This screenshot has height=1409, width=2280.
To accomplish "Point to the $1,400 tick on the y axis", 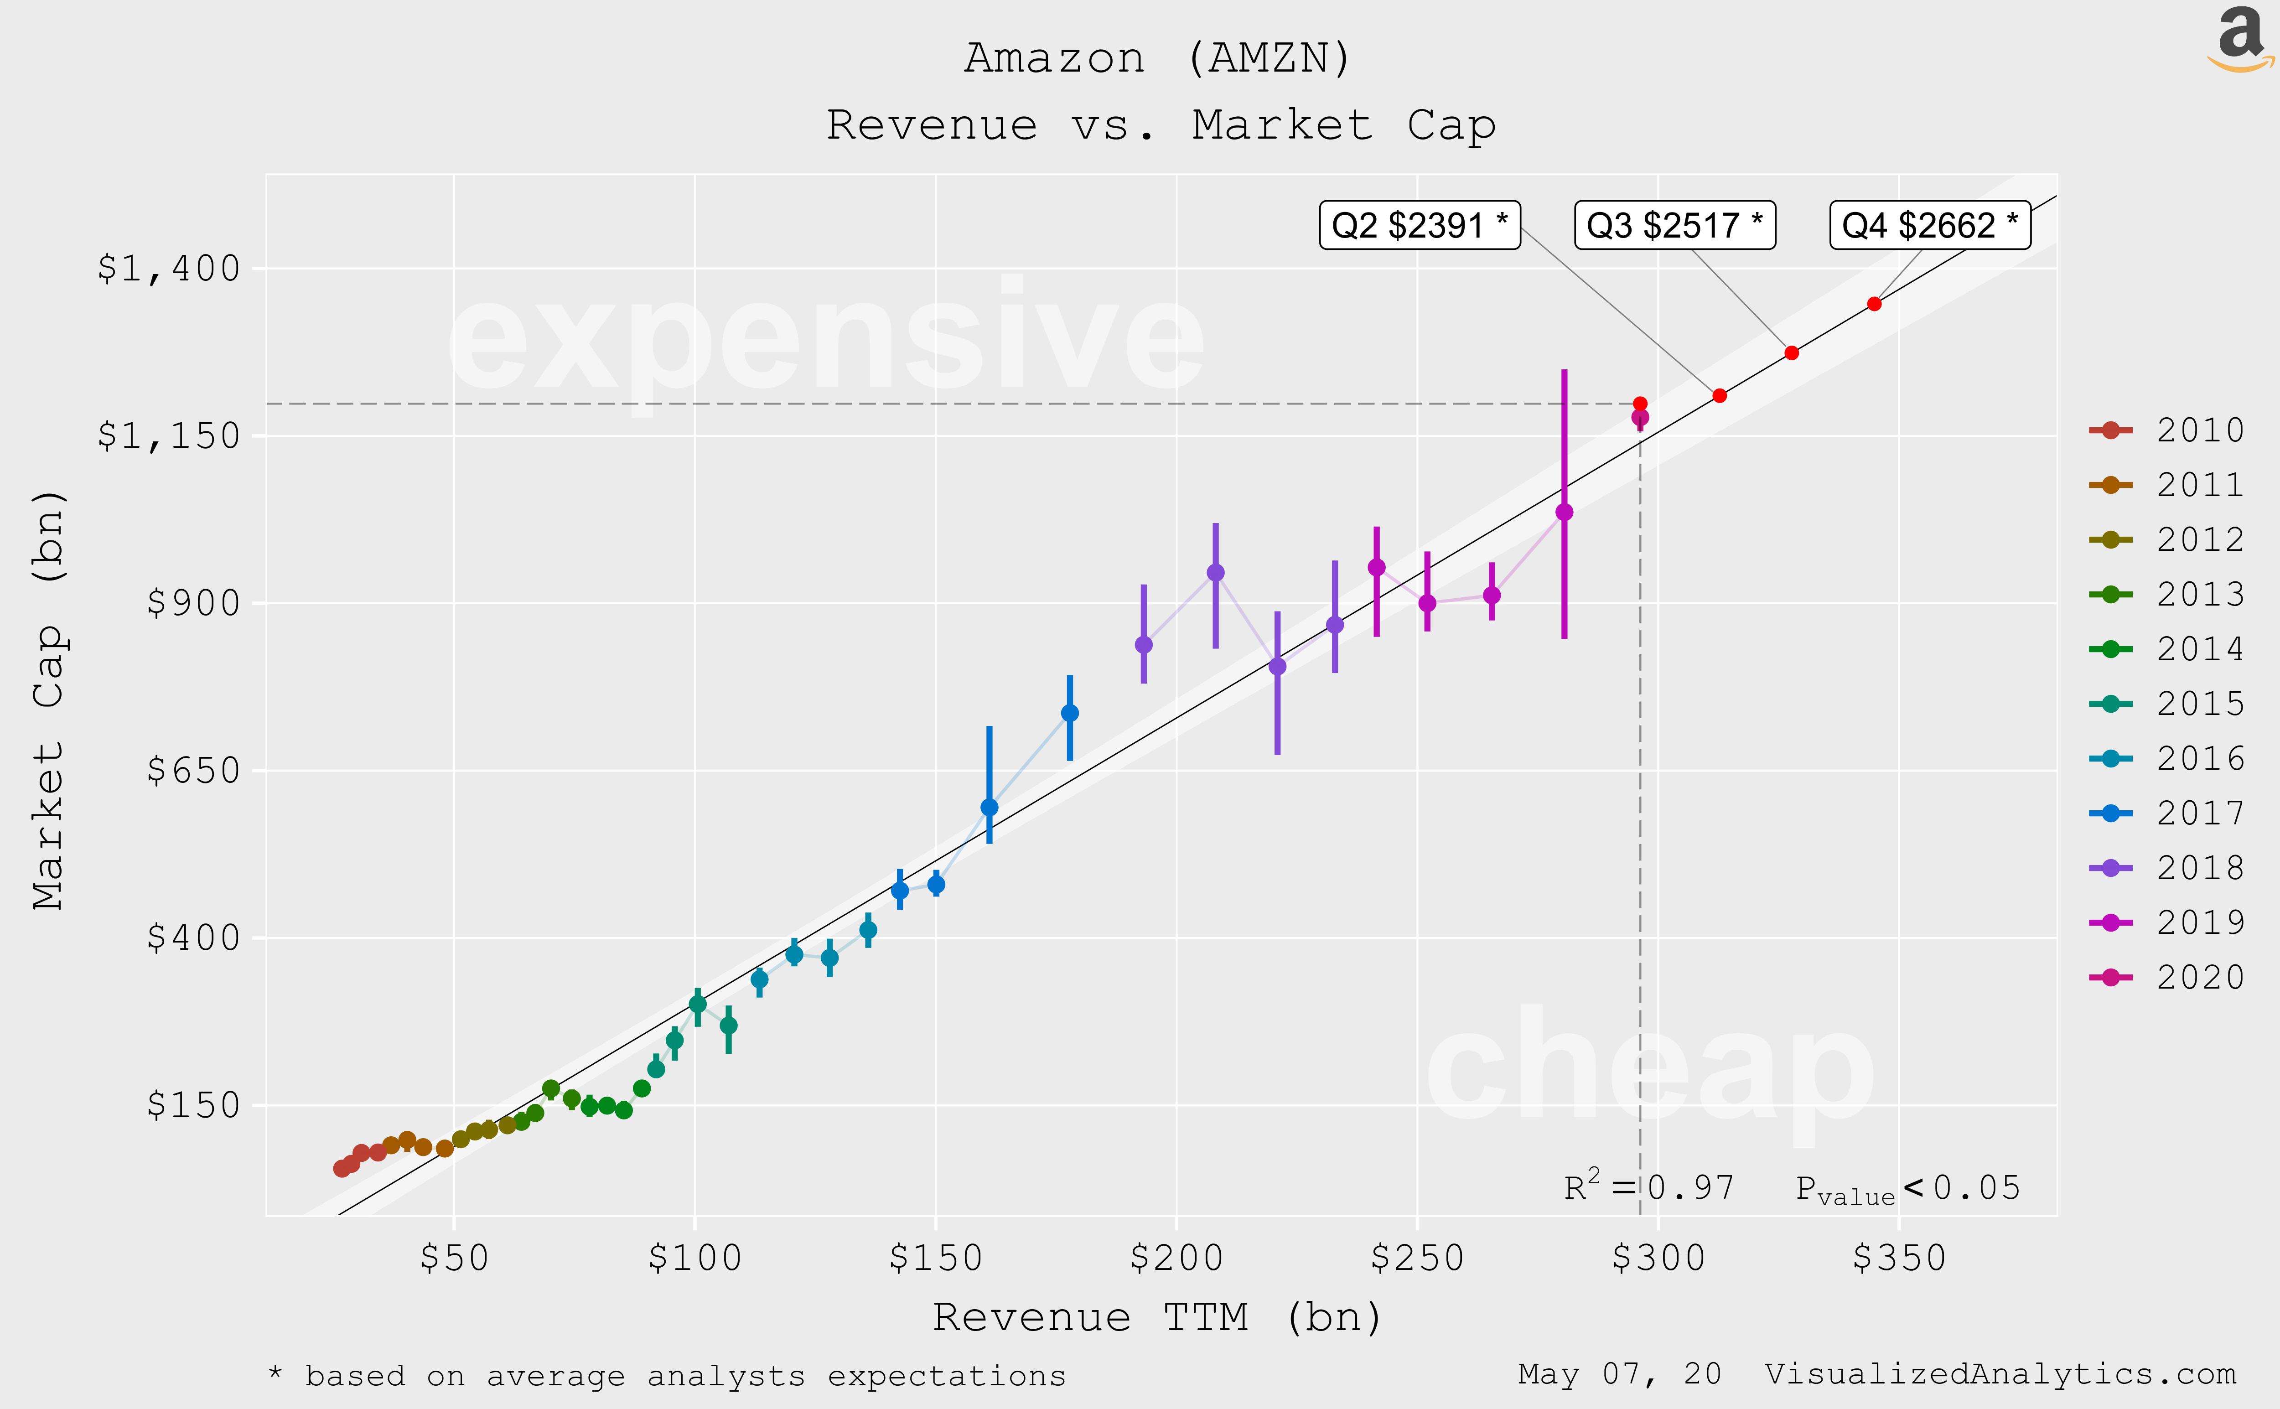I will (169, 269).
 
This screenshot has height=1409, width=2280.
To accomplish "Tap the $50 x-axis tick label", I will (454, 1258).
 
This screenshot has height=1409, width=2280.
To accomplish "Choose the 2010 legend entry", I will (2166, 430).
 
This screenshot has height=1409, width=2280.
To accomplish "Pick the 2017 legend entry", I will (2166, 813).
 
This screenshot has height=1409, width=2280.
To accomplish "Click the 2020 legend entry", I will (2166, 977).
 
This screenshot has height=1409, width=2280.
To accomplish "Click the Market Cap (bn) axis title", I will (48, 699).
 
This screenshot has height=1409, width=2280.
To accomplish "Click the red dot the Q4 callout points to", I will (1874, 304).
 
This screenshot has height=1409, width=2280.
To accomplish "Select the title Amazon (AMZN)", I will (1157, 58).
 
